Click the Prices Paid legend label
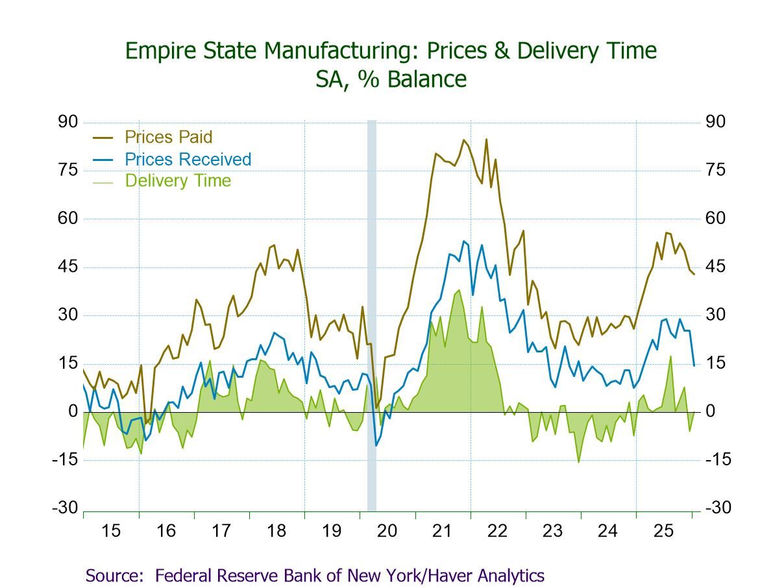point(168,137)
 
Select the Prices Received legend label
point(188,159)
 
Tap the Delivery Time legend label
point(178,180)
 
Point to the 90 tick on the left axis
point(68,122)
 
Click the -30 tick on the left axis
point(66,508)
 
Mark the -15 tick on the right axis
point(717,459)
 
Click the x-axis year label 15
point(111,531)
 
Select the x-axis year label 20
point(387,531)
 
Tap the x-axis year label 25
point(663,531)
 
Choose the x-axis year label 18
point(276,531)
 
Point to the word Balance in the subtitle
point(431,79)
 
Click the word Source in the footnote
point(113,575)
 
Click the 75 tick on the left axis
point(68,170)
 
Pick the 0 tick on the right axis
point(711,411)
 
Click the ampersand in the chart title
point(500,51)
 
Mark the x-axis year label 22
point(497,531)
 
